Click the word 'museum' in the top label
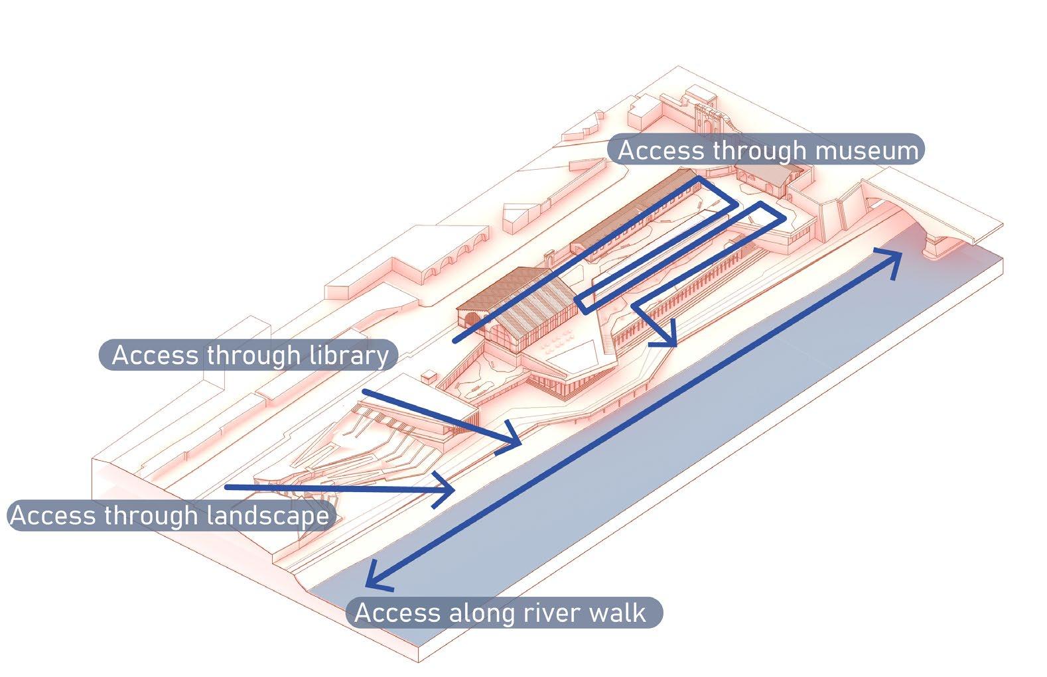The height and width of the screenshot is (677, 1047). coord(868,151)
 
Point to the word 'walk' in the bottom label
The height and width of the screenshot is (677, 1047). coord(617,612)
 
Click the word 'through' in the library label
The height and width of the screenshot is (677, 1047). coord(253,355)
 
